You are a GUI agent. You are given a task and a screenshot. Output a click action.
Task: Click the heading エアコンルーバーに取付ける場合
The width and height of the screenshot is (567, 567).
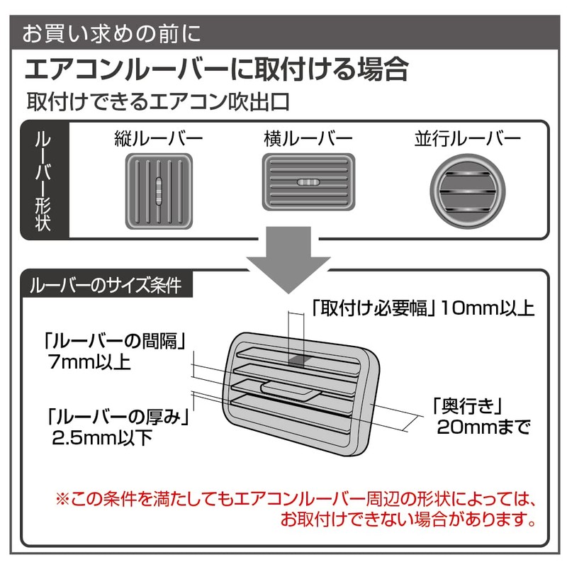pos(217,69)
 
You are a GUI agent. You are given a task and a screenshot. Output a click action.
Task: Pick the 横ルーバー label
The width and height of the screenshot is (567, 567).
pos(309,138)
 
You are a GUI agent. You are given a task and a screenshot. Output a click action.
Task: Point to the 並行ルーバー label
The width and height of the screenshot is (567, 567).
pos(467,138)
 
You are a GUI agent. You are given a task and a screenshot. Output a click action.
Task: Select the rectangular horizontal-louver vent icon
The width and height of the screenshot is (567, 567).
pos(308,181)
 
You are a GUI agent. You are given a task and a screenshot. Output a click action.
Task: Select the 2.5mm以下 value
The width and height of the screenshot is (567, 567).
pos(103,437)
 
